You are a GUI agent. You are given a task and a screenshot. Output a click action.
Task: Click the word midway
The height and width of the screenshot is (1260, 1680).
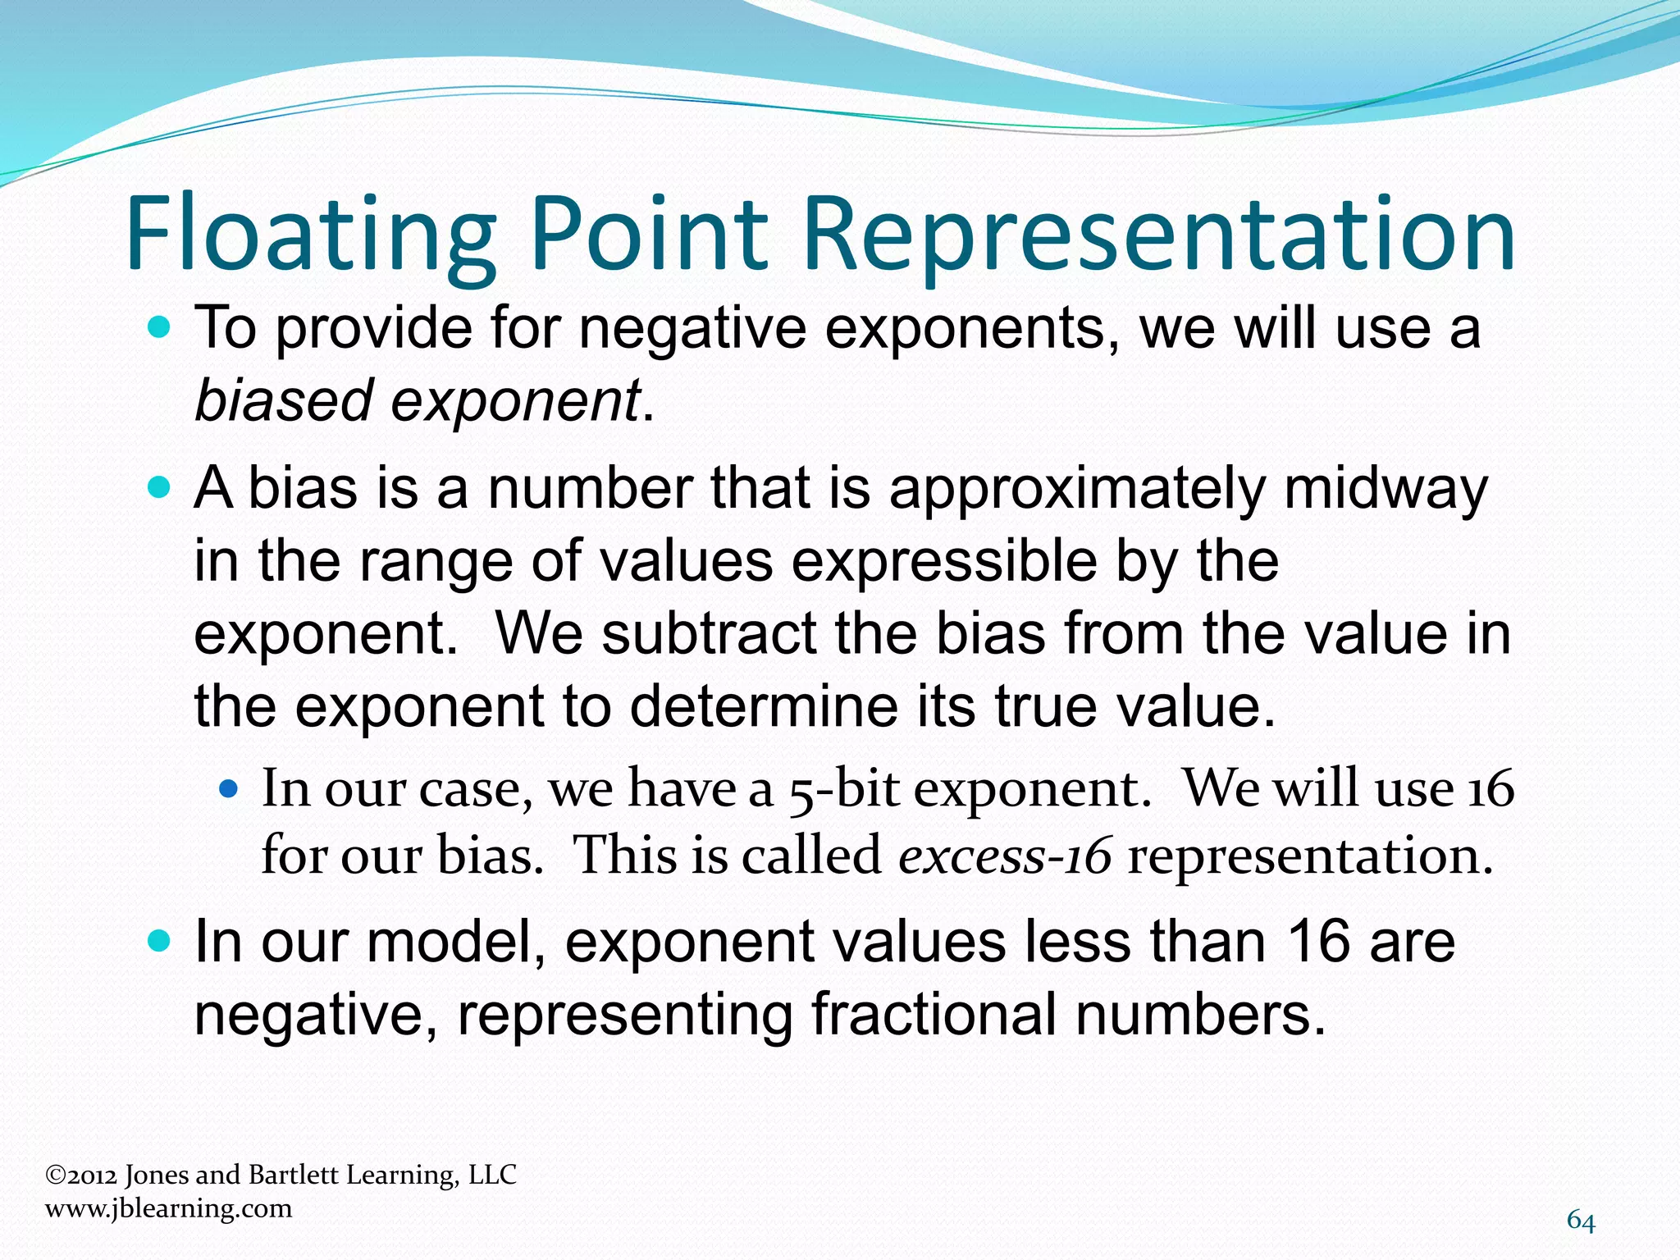pos(1386,489)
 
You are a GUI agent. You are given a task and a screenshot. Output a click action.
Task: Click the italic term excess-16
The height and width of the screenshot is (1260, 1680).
pos(1005,856)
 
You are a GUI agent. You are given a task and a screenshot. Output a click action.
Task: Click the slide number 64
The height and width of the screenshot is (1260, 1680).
pos(1581,1221)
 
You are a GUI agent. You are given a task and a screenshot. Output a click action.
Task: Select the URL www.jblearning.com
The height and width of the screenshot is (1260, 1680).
pos(169,1208)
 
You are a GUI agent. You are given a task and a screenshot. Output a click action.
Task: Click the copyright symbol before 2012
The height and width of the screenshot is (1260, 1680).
pos(55,1176)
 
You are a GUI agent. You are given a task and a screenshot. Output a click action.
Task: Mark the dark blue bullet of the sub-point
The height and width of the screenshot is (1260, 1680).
pos(230,791)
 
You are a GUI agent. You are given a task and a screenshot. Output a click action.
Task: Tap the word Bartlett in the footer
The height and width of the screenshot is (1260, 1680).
pos(293,1176)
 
